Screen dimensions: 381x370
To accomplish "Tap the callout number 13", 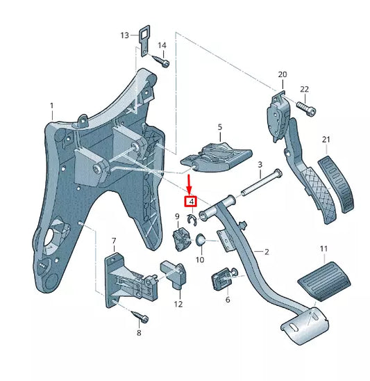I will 125,35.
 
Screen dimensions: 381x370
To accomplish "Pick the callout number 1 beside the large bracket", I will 51,106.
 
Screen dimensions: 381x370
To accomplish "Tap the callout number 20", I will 282,74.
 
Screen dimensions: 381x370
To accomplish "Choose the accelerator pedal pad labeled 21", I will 337,184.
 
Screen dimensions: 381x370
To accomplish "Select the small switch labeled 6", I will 222,279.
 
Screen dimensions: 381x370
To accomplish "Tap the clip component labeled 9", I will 182,239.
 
